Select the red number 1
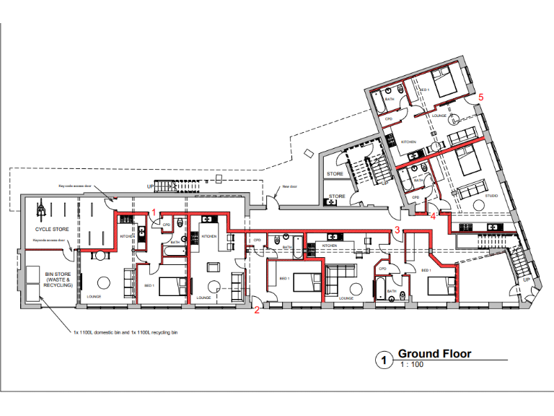click(x=154, y=210)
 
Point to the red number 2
click(x=256, y=311)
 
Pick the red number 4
click(x=433, y=215)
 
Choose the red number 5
click(x=481, y=96)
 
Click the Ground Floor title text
click(x=434, y=353)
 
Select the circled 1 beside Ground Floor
click(x=383, y=358)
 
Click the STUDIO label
click(x=491, y=195)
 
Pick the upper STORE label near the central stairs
click(x=334, y=174)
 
